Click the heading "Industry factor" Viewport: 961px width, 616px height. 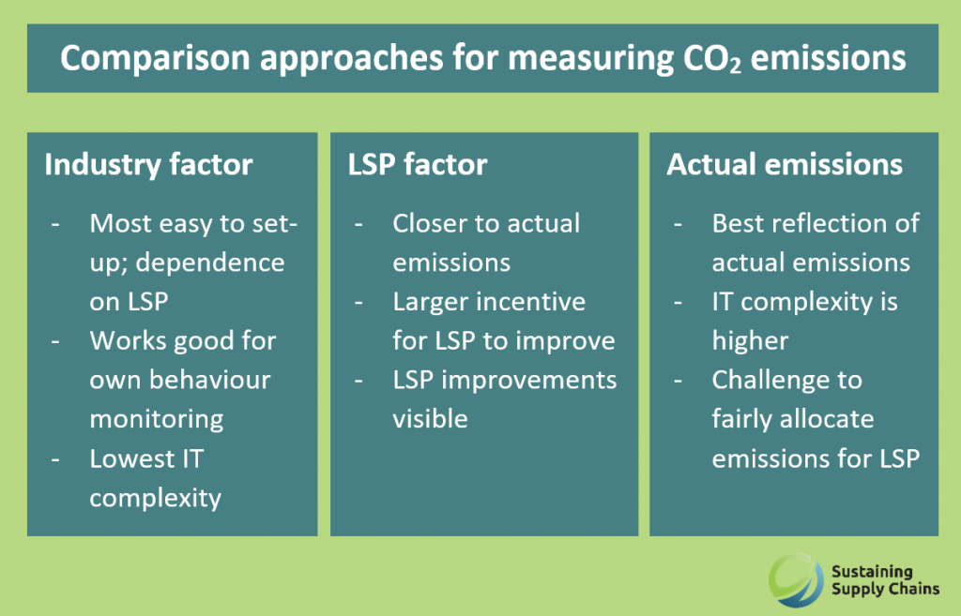(x=148, y=165)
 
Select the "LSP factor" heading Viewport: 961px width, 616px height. (x=418, y=165)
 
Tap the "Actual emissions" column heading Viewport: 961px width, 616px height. (x=785, y=165)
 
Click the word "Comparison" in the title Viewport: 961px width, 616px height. (x=156, y=59)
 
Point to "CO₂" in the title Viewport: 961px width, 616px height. (x=712, y=59)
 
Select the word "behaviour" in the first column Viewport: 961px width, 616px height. (x=210, y=380)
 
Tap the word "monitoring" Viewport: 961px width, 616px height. (x=157, y=420)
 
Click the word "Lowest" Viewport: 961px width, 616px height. (x=128, y=458)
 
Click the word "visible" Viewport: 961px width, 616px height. (x=430, y=419)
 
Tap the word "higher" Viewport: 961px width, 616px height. (x=750, y=342)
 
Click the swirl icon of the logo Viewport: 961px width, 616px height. (x=796, y=578)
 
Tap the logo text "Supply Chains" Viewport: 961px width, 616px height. (x=885, y=590)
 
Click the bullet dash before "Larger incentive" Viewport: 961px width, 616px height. (x=358, y=303)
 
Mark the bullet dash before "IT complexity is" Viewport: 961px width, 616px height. (x=678, y=303)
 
